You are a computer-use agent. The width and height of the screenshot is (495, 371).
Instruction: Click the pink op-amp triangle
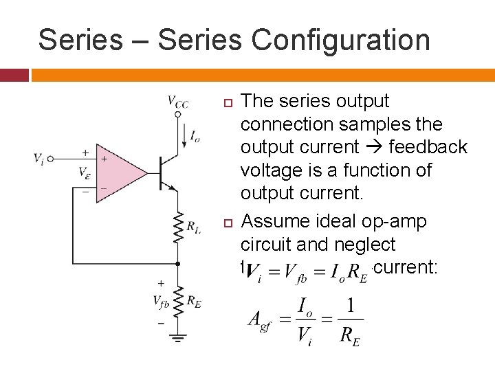(x=120, y=173)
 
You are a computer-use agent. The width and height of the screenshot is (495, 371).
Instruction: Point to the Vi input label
(x=39, y=159)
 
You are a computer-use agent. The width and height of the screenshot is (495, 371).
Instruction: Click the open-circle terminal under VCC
(x=177, y=115)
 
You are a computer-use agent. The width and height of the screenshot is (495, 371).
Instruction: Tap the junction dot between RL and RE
(x=177, y=263)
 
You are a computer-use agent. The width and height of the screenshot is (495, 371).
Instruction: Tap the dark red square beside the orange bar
(x=14, y=74)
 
